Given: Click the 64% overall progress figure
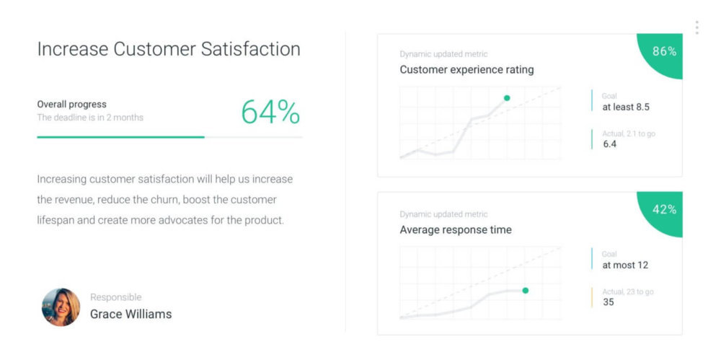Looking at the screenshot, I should coord(270,112).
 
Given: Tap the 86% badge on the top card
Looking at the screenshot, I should coord(664,51).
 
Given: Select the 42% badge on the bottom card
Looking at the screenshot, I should coord(664,209).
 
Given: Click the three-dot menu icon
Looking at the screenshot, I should coord(696,27).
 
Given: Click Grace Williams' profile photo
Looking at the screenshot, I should coord(61,307).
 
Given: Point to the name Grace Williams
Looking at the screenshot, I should coord(131,314).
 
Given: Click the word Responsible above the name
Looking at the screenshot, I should coord(115,297).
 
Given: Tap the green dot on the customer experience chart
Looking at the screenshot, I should coord(507,98).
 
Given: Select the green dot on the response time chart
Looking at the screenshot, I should coord(525,290).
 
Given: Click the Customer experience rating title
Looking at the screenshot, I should coord(466,70).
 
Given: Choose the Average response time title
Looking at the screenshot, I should coord(456,230).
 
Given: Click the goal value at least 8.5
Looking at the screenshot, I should coord(626,107).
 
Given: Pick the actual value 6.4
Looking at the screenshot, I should coord(610,144).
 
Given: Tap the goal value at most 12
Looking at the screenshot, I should coord(625,265).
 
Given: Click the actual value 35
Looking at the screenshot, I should coord(609,302).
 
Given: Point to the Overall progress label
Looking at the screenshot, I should coord(71,104).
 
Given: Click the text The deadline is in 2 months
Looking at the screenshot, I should coord(90,118).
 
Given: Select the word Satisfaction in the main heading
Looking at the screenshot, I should coord(250,49).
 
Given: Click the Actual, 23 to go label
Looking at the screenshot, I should coord(628,291).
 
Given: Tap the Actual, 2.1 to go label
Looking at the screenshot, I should coord(629,133).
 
